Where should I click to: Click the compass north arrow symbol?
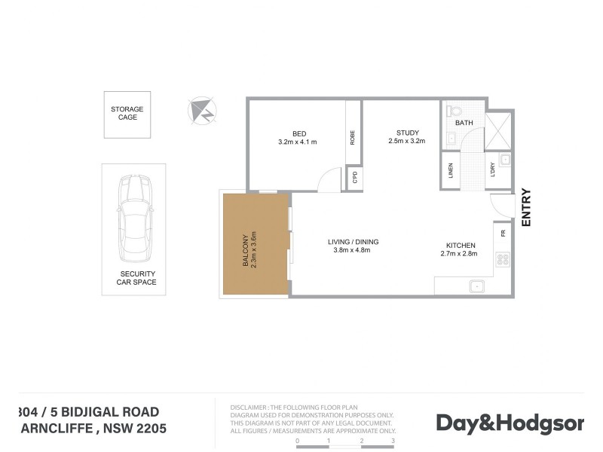201,111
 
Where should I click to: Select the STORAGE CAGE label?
127,113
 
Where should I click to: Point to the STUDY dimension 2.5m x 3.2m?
407,141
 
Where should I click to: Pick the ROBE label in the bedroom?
352,138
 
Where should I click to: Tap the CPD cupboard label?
354,178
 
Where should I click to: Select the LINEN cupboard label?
451,171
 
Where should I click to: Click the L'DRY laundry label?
491,172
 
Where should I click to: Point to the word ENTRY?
526,207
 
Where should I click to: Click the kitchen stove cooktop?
501,261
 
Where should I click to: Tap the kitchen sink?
476,286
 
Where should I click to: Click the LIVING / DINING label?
353,242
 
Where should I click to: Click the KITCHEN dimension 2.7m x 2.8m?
459,254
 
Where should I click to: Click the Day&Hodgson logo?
510,423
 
